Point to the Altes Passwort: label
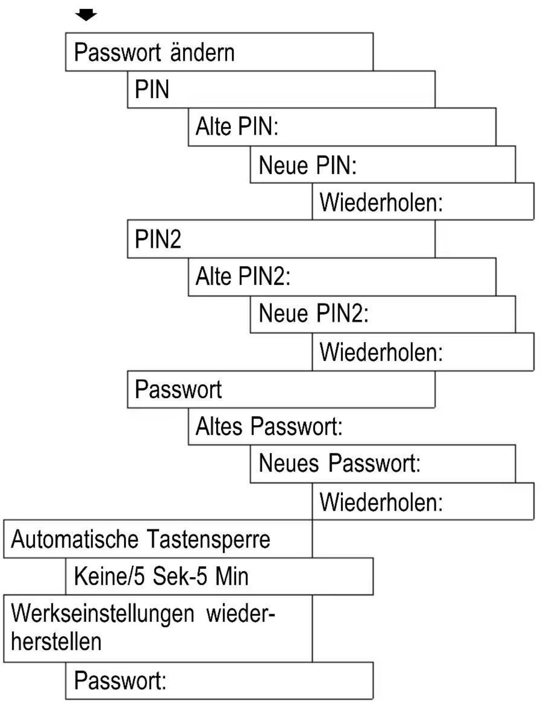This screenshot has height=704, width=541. click(x=269, y=426)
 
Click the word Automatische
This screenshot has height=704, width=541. click(x=75, y=539)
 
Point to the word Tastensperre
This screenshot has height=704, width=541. click(x=208, y=539)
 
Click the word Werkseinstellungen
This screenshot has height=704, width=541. click(x=103, y=614)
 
